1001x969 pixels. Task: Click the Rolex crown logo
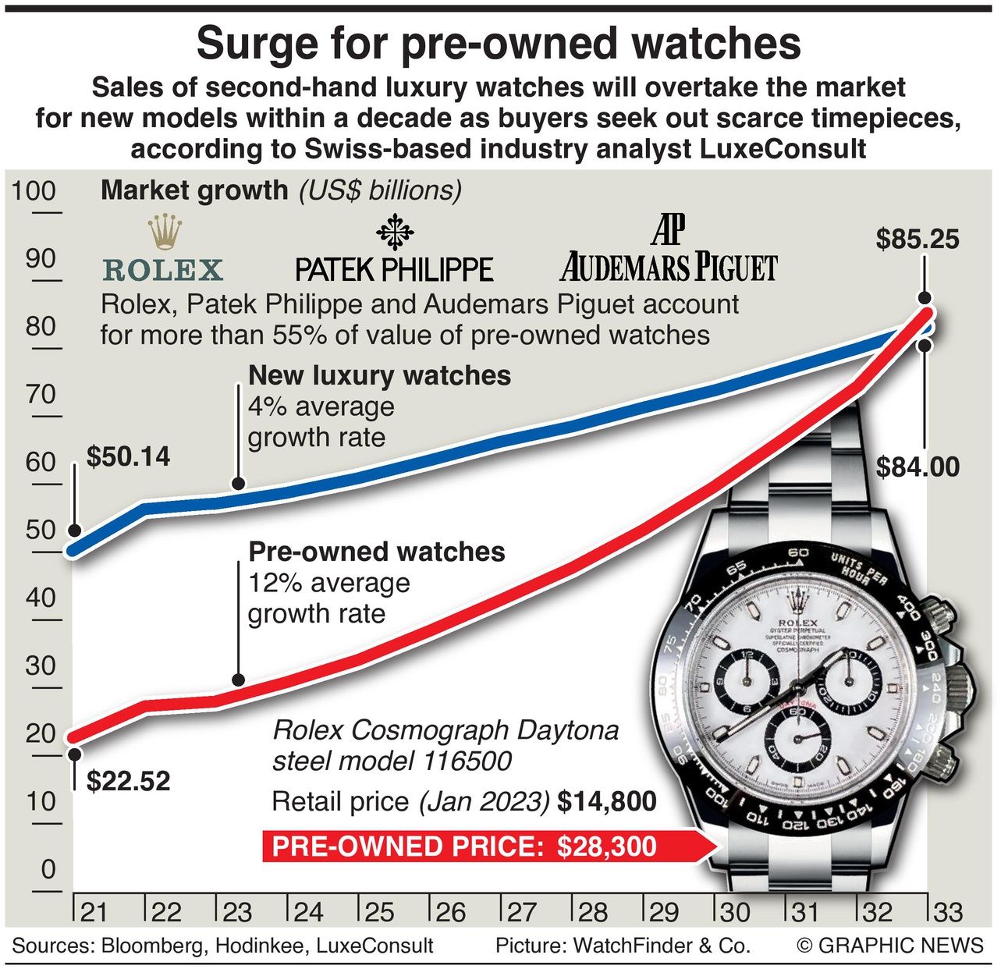tap(165, 232)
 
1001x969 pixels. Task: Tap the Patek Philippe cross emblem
tap(395, 232)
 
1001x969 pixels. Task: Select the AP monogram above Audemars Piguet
tap(668, 228)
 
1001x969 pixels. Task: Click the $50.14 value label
tap(128, 456)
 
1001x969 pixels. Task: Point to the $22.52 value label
tap(128, 781)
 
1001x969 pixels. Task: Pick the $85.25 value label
tap(918, 239)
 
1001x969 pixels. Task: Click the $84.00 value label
tap(918, 467)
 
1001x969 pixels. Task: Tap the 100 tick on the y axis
tap(34, 191)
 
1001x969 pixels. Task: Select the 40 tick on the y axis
tap(40, 598)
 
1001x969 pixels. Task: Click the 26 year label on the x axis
tap(450, 912)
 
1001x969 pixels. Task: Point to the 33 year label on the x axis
tap(947, 912)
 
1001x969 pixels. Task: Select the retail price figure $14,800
tap(607, 801)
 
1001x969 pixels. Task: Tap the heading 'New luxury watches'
tap(379, 375)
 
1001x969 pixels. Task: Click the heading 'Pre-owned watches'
tap(377, 552)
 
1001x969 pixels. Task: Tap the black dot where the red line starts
tap(75, 753)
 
